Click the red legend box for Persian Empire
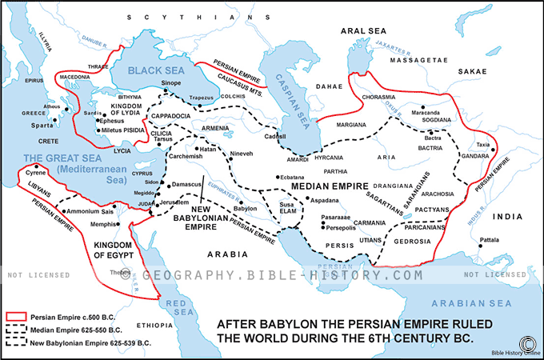[15, 316]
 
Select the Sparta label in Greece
[43, 126]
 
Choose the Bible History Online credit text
[504, 351]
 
